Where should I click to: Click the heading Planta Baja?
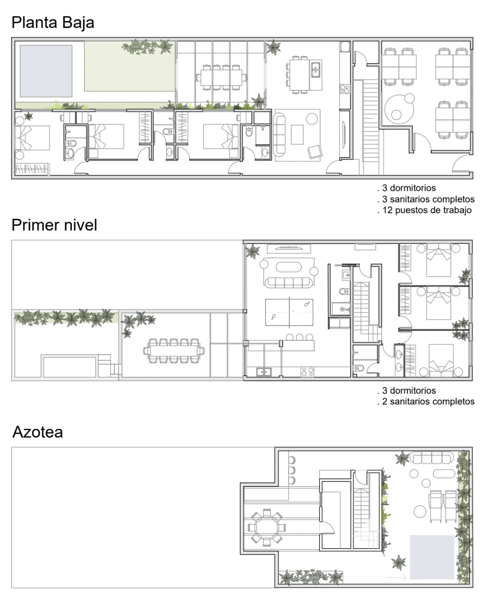(53, 23)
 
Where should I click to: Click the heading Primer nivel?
(54, 225)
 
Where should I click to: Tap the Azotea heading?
(37, 432)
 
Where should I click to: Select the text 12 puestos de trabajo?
(427, 210)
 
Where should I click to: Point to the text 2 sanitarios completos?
(428, 401)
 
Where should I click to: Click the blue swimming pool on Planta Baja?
(46, 71)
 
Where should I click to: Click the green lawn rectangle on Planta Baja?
(130, 66)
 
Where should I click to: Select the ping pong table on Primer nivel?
(289, 312)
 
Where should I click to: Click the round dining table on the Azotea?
(267, 528)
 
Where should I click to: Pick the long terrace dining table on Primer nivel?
(174, 351)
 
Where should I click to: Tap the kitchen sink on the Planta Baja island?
(316, 70)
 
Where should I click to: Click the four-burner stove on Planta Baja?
(344, 89)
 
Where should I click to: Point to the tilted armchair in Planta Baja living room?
(315, 152)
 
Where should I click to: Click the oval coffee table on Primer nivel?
(288, 267)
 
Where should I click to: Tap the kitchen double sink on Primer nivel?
(264, 372)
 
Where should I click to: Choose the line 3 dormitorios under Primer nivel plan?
(409, 390)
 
